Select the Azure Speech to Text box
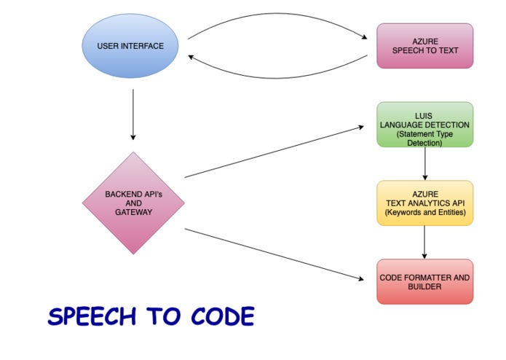424,46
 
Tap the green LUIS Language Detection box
424,125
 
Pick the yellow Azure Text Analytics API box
424,203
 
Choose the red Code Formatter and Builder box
424,282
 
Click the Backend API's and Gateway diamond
133,203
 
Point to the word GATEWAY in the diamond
133,212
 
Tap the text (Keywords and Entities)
424,214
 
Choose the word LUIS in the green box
424,116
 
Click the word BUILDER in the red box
424,287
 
